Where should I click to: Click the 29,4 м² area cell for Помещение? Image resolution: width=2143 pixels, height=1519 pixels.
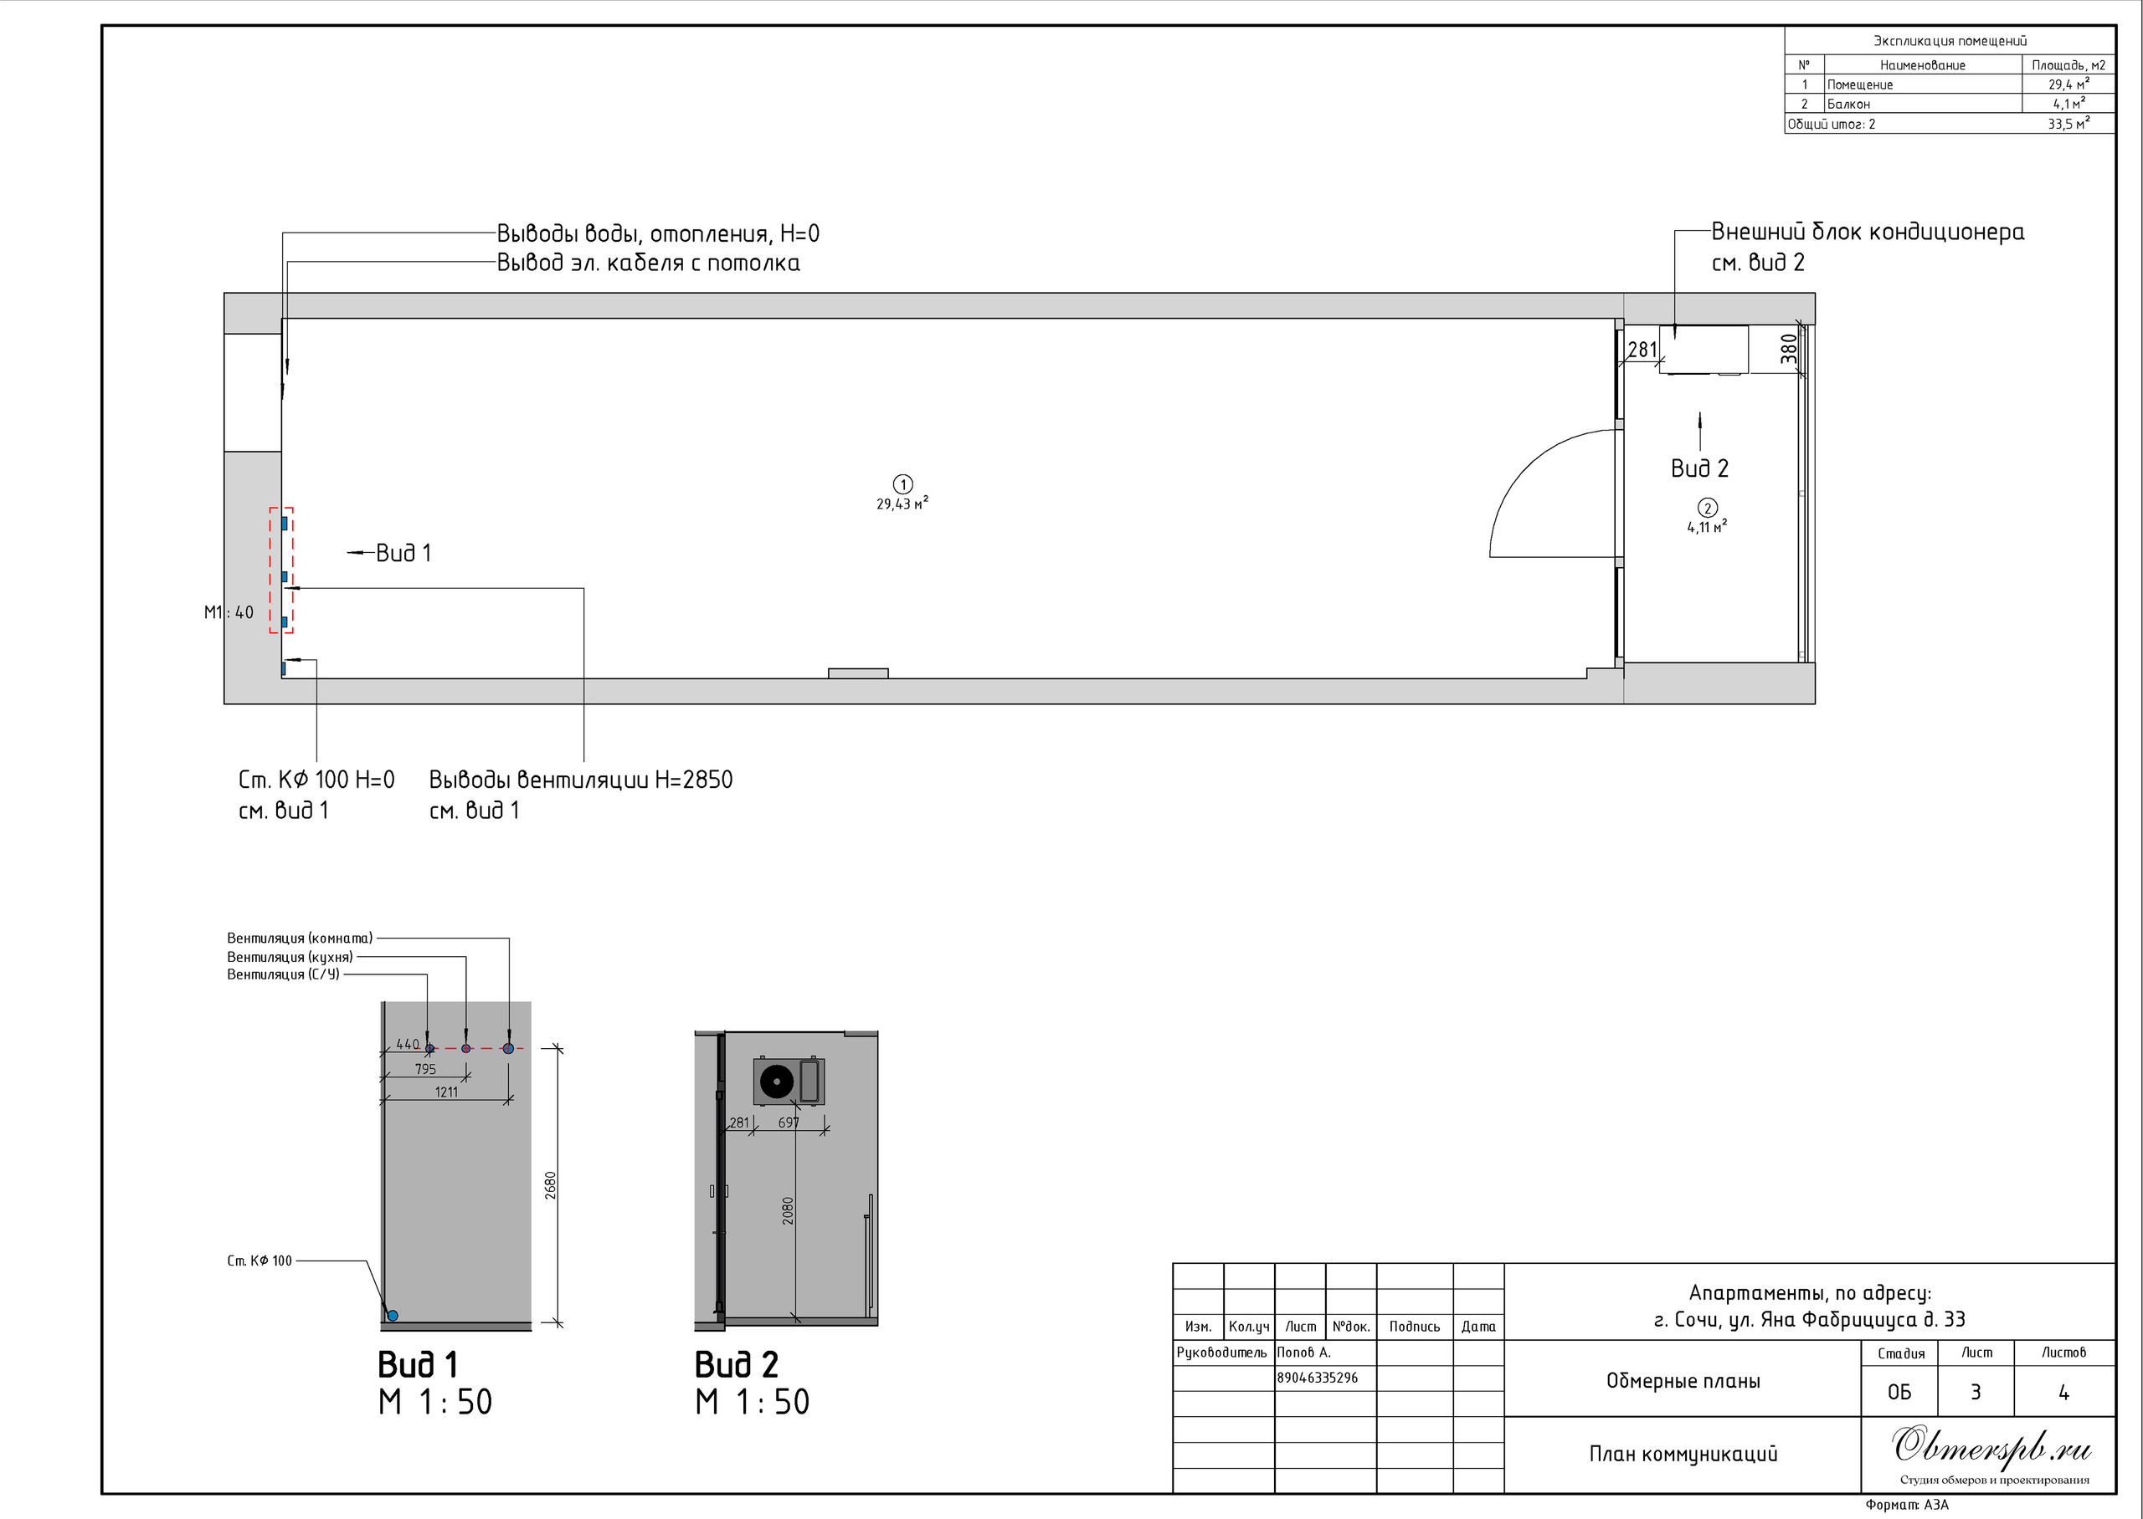2068,84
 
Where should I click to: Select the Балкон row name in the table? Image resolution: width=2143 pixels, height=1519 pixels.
1848,104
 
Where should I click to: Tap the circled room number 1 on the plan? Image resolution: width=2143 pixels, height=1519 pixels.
903,484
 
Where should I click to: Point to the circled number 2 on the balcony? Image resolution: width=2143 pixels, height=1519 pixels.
1708,508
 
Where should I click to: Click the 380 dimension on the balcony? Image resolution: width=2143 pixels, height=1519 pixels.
1789,348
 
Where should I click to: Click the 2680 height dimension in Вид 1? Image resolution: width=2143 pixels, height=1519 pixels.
550,1185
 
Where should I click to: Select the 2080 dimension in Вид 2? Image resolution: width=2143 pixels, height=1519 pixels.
788,1211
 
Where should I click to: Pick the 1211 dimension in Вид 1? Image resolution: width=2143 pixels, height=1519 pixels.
446,1092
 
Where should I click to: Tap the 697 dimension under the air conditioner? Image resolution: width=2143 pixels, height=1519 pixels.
789,1123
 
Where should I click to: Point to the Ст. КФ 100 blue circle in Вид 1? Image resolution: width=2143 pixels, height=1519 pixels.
392,1315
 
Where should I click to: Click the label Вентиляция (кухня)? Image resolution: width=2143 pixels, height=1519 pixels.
290,957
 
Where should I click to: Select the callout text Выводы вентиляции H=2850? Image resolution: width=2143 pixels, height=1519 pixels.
581,779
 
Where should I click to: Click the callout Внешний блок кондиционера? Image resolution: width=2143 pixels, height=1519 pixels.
1868,232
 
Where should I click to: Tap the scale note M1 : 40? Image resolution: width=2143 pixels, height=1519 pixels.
229,612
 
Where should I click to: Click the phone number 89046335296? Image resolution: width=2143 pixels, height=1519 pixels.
1318,1378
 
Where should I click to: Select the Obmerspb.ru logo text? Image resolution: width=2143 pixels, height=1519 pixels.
1992,1447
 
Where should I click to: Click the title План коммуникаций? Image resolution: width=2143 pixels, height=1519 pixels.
1683,1454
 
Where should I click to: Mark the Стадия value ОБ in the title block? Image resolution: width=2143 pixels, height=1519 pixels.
1899,1392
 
